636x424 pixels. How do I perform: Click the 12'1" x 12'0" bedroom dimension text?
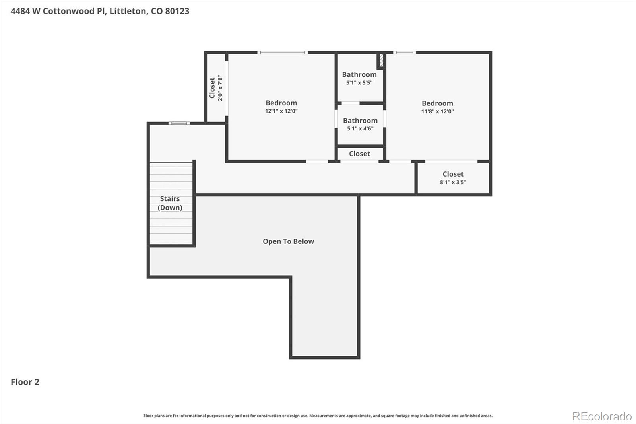(x=281, y=111)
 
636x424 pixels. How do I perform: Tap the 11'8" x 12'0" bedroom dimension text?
(x=437, y=112)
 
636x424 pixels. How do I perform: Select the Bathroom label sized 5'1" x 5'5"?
(x=359, y=75)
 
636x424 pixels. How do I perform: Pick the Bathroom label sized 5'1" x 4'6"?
(x=360, y=121)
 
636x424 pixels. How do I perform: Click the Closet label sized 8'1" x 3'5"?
(x=453, y=174)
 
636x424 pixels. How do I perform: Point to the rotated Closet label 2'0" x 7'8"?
(x=212, y=88)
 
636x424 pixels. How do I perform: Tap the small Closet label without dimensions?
(x=359, y=154)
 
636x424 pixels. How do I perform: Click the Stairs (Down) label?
(x=170, y=203)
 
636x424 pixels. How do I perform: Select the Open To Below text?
(x=288, y=241)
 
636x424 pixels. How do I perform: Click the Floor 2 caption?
(x=25, y=382)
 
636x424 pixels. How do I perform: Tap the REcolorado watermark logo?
(x=602, y=416)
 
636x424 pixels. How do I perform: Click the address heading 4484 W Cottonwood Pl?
(x=100, y=11)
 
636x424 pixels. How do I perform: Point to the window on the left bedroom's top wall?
(x=282, y=53)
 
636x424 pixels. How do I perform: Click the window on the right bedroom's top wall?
(x=404, y=53)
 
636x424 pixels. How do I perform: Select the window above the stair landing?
(x=179, y=123)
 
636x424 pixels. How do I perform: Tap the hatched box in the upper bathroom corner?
(x=381, y=61)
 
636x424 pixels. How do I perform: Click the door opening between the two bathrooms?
(x=351, y=103)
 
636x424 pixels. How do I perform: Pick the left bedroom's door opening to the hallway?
(x=316, y=161)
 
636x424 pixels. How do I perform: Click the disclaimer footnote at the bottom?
(x=318, y=416)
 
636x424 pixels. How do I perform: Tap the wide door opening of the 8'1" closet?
(x=451, y=161)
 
